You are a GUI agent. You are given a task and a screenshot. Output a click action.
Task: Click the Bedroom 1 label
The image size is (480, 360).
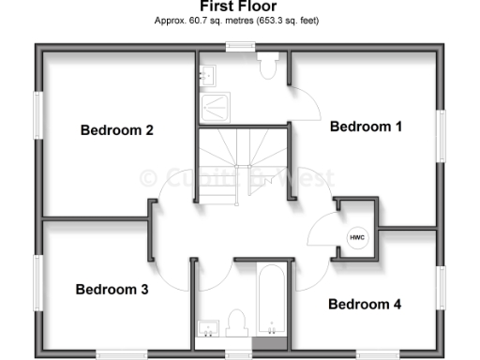point(366,127)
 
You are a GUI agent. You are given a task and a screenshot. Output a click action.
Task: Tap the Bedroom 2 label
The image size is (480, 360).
point(116,130)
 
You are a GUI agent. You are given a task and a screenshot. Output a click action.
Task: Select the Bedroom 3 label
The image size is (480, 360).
point(112,290)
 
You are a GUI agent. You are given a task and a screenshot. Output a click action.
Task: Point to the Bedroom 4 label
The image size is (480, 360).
point(365,304)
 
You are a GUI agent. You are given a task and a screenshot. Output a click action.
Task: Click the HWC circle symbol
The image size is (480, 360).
point(357,238)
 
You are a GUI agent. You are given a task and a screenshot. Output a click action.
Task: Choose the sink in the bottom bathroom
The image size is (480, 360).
point(208,327)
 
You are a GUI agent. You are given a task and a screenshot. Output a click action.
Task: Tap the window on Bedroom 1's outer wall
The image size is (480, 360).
point(440,137)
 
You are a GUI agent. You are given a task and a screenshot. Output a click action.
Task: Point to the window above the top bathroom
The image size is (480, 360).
point(241,44)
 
